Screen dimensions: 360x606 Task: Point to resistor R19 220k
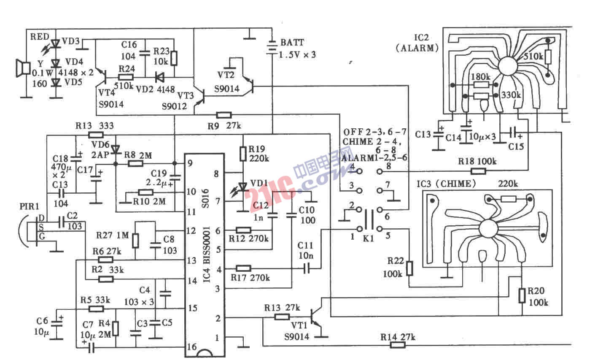pos(242,153)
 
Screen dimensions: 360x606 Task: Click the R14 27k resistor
pos(398,345)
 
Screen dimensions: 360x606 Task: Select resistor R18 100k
pos(478,171)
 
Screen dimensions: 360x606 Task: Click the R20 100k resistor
pos(522,295)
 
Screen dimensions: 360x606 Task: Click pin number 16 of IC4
pos(191,347)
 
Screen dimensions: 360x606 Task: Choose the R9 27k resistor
pos(224,114)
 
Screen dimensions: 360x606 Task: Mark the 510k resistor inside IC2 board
pos(548,56)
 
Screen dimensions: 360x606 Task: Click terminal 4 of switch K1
pos(359,171)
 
